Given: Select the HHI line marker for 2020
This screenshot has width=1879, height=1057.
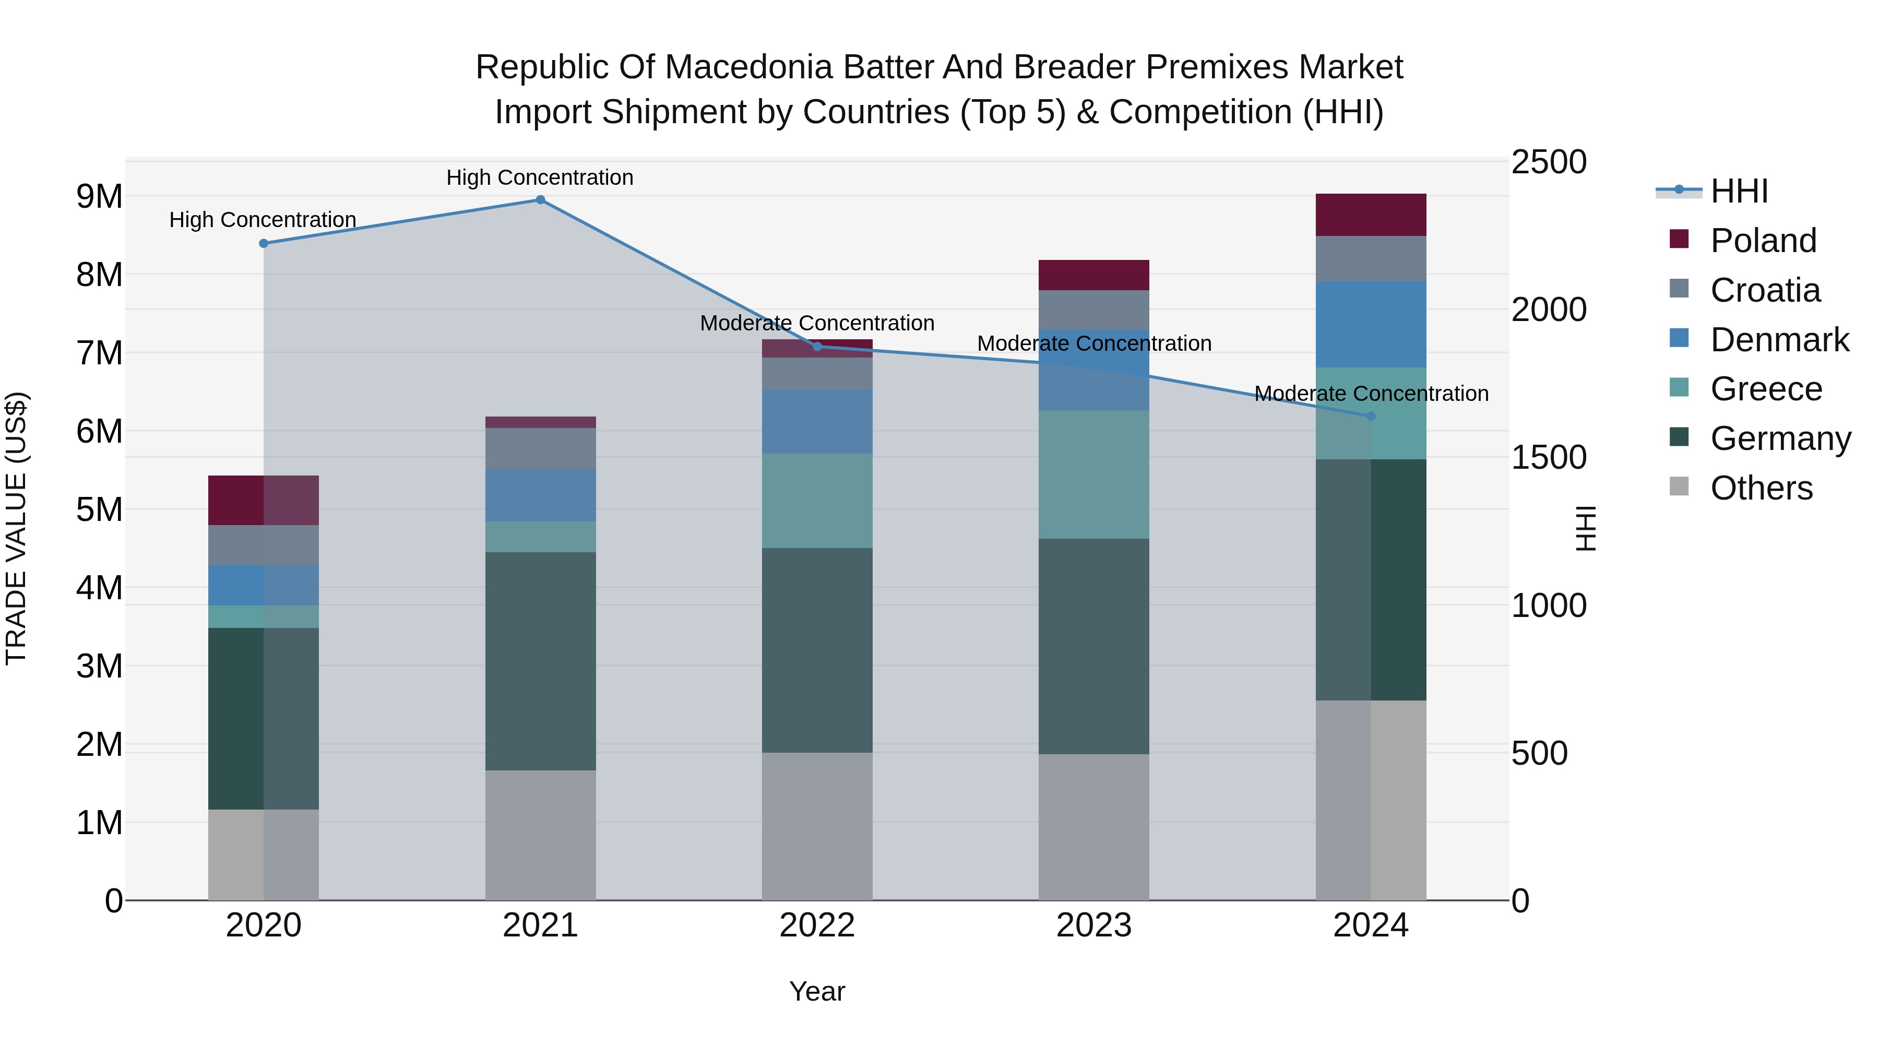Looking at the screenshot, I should point(264,244).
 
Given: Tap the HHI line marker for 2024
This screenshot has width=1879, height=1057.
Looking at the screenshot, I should point(1371,417).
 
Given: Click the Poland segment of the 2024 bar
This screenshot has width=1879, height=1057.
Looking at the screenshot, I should point(1371,215).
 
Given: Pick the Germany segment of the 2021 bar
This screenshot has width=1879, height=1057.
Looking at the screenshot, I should point(541,661).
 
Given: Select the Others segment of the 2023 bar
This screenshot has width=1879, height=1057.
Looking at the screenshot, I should point(1093,827).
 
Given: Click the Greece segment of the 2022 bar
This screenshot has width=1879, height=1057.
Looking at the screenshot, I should point(817,501).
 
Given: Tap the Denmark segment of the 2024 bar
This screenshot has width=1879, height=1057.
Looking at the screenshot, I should point(1371,325).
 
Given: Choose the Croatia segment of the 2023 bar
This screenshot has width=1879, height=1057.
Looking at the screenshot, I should point(1093,310).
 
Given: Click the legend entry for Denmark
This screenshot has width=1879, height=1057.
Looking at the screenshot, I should point(1779,340).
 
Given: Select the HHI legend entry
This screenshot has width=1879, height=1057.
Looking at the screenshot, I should point(1739,191).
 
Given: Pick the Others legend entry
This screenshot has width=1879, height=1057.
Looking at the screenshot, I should point(1761,488).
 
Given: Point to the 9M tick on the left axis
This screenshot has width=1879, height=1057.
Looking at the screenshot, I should point(99,196).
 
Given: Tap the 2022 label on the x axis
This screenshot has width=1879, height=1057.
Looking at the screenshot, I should point(817,925).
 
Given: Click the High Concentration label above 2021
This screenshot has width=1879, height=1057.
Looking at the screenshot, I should point(540,177).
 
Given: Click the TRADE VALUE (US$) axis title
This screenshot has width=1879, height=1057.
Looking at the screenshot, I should point(17,528).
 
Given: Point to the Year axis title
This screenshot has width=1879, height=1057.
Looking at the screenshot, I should point(817,991).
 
